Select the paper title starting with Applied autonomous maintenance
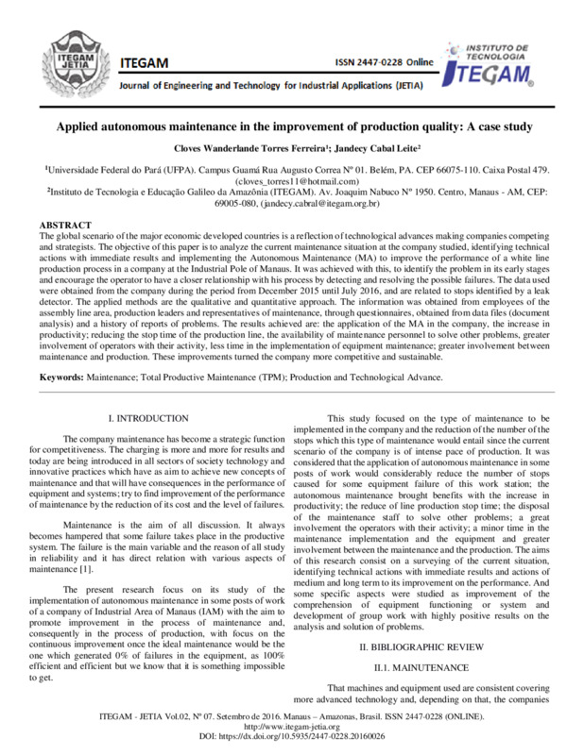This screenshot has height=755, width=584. click(x=292, y=126)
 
